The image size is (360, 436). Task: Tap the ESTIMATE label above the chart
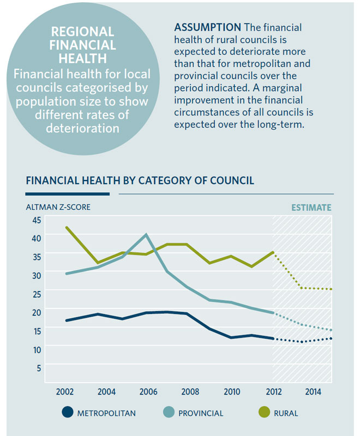coord(311,208)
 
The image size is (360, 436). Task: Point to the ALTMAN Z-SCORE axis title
coord(58,207)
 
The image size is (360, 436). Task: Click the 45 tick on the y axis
coord(37,220)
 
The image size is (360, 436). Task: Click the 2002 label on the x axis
coord(66,392)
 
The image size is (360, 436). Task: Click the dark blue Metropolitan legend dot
coord(68,413)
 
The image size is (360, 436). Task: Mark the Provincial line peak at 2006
coord(146,235)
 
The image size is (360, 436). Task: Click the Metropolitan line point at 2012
coord(272,338)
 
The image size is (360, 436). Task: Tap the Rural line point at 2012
coord(272,252)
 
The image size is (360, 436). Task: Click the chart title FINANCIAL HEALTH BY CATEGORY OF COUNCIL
coord(140,180)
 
